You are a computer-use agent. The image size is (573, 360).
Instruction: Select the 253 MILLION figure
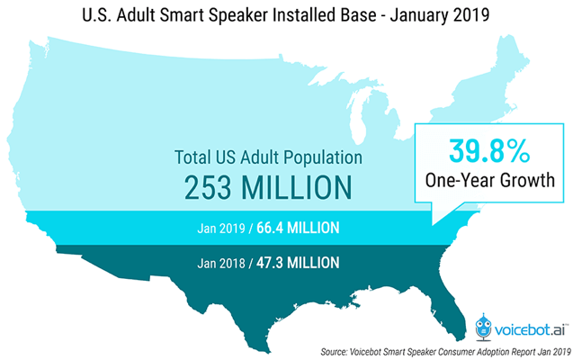point(268,188)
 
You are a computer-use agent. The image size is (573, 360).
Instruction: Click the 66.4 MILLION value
point(296,228)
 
